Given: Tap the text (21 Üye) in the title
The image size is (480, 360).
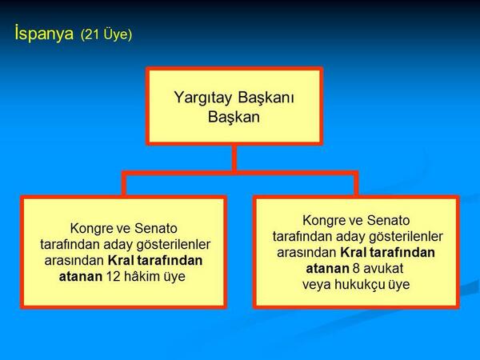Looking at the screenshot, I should coord(106,35).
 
